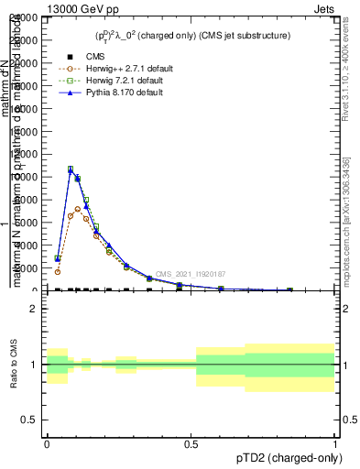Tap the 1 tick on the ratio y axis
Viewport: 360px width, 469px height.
coord(34,365)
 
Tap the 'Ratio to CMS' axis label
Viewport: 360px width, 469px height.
coord(14,365)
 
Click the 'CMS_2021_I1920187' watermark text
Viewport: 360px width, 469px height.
coord(190,274)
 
